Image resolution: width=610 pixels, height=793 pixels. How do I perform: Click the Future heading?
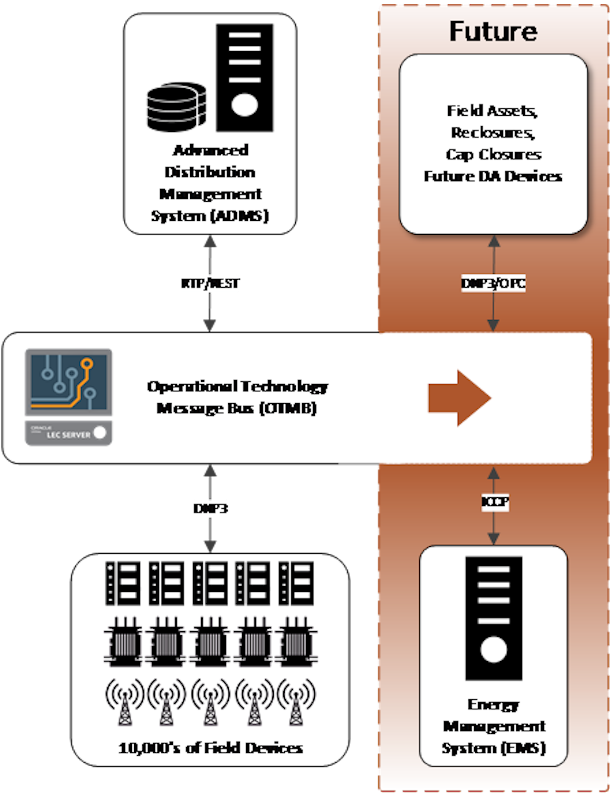tap(493, 32)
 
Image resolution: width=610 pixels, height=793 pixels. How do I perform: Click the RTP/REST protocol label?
tap(210, 283)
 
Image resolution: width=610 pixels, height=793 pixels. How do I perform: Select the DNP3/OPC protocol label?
tap(493, 283)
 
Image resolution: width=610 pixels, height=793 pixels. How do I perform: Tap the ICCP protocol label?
tap(495, 502)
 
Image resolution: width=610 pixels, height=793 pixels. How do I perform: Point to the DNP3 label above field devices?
tap(211, 508)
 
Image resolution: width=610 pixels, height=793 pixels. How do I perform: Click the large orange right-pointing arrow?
tap(459, 398)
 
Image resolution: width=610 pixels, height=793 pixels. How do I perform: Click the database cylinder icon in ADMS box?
tap(177, 107)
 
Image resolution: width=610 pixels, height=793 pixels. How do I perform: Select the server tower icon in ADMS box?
tap(244, 78)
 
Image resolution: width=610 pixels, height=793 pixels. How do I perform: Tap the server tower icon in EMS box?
tap(494, 618)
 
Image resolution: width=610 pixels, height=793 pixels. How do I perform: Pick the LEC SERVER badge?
tap(69, 433)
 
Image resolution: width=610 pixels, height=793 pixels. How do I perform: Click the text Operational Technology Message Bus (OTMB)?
tap(237, 397)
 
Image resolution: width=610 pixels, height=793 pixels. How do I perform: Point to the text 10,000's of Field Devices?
tap(211, 748)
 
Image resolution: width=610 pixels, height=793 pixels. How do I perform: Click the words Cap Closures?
tap(494, 155)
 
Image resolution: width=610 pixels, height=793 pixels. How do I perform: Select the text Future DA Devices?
tap(493, 177)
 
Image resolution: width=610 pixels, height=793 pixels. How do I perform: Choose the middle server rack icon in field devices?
tap(210, 583)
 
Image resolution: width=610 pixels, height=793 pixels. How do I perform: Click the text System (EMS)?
tap(494, 748)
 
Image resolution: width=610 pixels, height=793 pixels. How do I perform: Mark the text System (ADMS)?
tap(210, 216)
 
